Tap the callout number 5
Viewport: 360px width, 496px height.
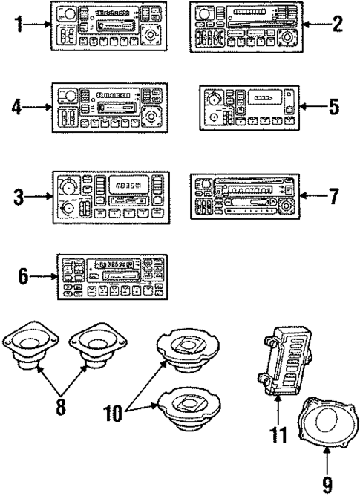coord(334,106)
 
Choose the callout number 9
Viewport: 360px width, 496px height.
coord(327,484)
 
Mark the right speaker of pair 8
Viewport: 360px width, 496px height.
coord(94,345)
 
